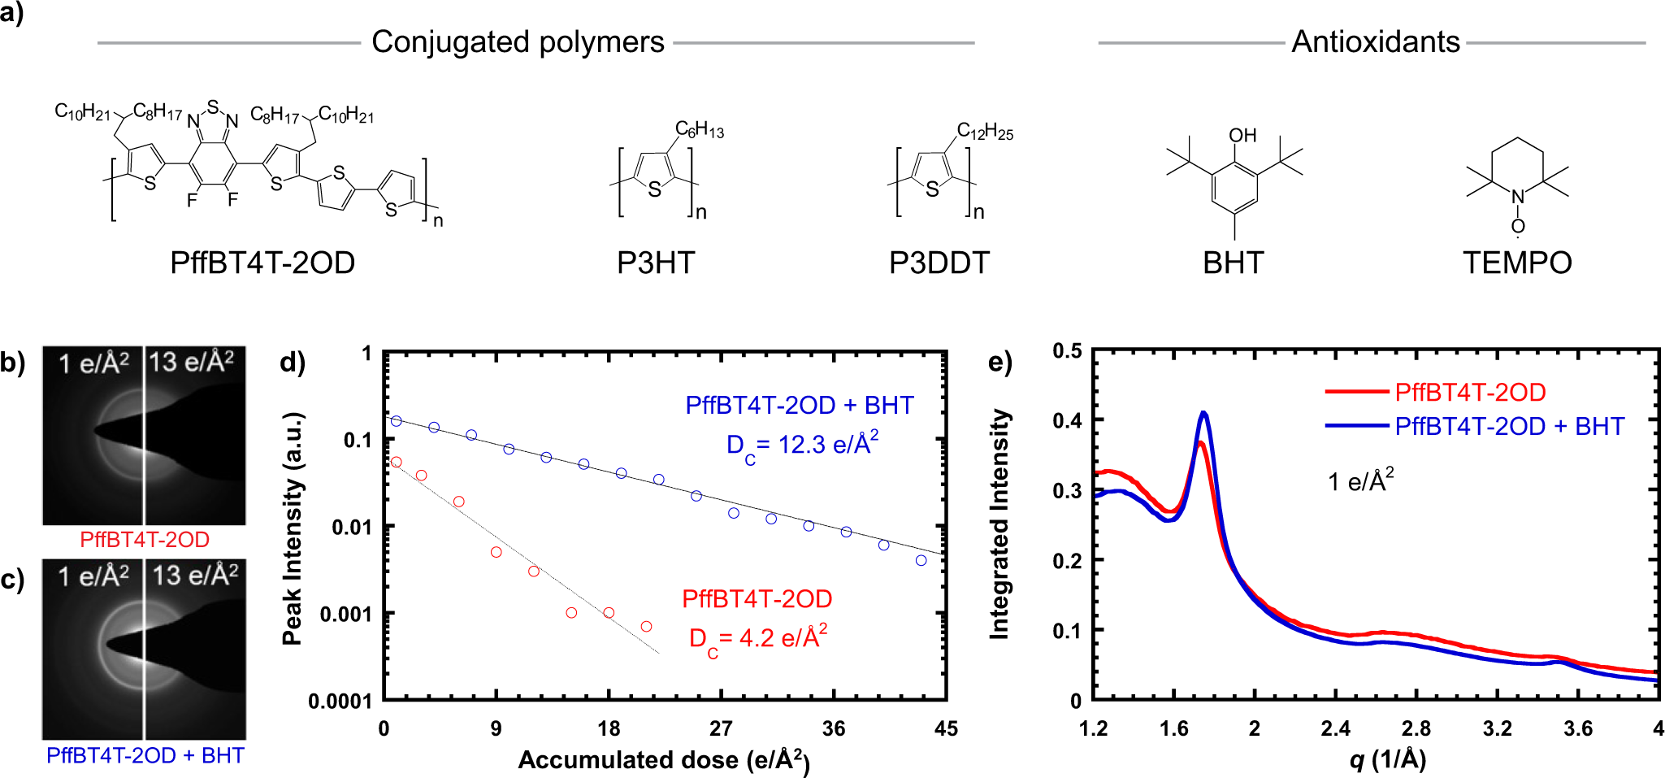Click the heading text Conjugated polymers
click(518, 41)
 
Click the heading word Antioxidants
click(1375, 41)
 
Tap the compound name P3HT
click(655, 263)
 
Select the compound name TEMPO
click(1516, 263)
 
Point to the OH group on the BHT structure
click(1242, 135)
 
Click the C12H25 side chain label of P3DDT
click(985, 131)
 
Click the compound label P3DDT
click(939, 263)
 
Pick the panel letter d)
click(292, 361)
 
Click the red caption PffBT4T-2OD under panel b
click(145, 540)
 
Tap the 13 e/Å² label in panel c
click(195, 575)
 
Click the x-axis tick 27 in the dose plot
click(721, 728)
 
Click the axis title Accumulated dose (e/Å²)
click(663, 759)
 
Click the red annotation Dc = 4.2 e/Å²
click(757, 638)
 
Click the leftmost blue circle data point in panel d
click(397, 421)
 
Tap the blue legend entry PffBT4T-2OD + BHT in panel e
click(1509, 426)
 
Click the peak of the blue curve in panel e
click(1204, 413)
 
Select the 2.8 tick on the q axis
click(1416, 728)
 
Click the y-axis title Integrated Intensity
click(999, 524)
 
